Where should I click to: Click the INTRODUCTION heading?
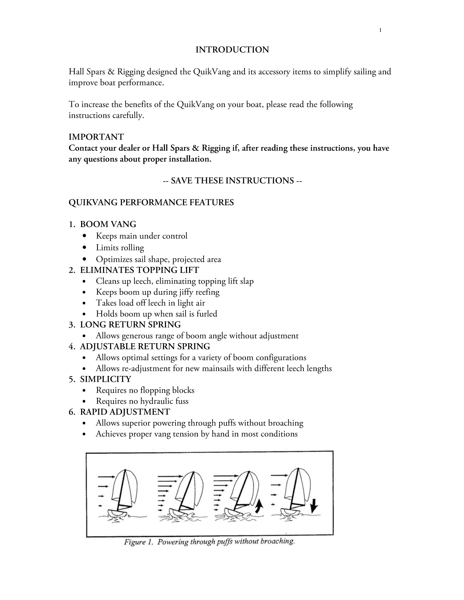coord(232,50)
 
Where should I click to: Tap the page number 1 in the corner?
coord(380,31)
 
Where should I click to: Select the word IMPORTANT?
coord(96,137)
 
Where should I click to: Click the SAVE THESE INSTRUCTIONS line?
coord(232,181)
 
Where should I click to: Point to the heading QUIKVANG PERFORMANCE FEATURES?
coord(151,203)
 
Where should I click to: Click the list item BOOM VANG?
coord(108,224)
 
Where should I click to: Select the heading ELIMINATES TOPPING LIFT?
coord(139,270)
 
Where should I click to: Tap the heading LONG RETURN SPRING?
coord(130,325)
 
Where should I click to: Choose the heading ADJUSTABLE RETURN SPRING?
coord(145,347)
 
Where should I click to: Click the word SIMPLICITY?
coord(105,379)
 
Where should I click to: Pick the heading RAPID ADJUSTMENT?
coord(125,412)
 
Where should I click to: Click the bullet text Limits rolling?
coord(120,248)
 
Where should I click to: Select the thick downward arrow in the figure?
coord(314,505)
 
